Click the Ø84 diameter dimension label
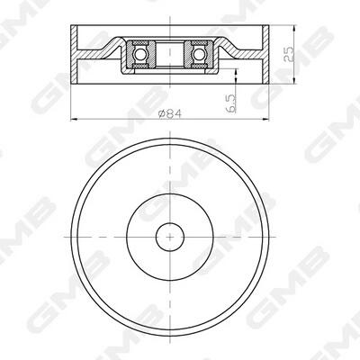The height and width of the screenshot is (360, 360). coord(170,113)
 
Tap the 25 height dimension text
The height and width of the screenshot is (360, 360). coord(289,54)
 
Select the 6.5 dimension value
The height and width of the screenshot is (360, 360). coord(231,103)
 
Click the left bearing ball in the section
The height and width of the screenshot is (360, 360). coord(139,55)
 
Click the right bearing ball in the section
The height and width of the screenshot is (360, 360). coord(198,55)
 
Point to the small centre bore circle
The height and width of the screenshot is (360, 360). coord(170,237)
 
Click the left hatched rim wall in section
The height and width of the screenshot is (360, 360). coord(74,54)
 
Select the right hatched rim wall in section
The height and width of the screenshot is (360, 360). coord(265,54)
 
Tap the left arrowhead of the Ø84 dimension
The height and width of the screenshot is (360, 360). coord(74,120)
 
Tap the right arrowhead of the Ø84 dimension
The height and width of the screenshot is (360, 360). coord(265,120)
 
